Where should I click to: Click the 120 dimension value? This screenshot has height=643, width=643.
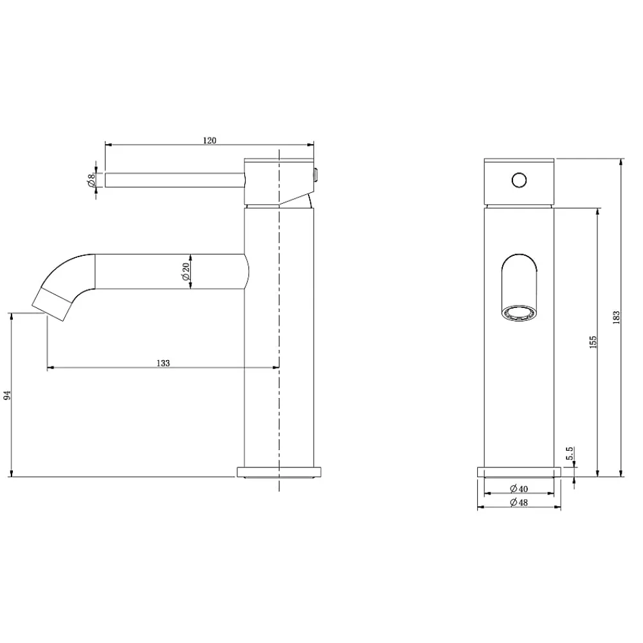[x=210, y=140]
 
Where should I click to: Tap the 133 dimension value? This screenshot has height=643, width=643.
[x=163, y=363]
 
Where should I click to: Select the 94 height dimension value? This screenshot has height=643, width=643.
[x=7, y=395]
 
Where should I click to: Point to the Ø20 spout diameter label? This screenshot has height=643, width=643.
[x=185, y=271]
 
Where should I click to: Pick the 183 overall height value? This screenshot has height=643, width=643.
[x=616, y=318]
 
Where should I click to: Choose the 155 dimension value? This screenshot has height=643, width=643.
[x=593, y=342]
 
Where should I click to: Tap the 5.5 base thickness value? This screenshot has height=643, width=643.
[x=569, y=453]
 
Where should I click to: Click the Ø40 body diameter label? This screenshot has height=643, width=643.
[x=519, y=489]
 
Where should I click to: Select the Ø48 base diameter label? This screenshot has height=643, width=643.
[x=519, y=502]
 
